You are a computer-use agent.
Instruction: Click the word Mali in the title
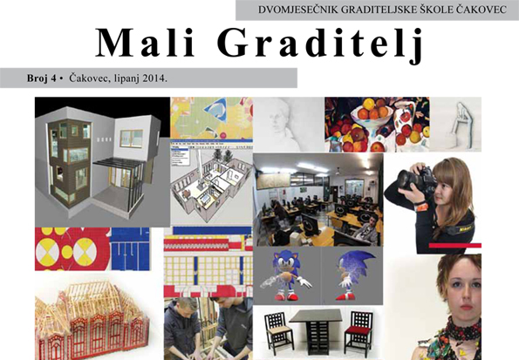[x=144, y=43]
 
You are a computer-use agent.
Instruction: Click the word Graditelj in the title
[x=320, y=45]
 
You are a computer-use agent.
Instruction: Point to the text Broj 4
[x=41, y=78]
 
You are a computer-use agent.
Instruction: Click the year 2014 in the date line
[x=155, y=78]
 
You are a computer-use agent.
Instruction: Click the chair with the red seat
[x=357, y=332]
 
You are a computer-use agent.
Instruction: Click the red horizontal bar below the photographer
[x=454, y=245]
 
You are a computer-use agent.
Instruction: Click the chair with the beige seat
[x=278, y=332]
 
